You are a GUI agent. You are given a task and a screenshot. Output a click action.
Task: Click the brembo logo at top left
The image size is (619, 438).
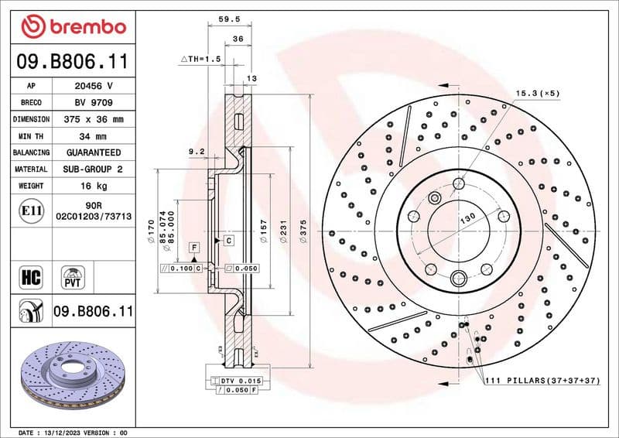pos(73,26)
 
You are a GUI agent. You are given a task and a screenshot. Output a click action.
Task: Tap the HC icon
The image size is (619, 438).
pos(32,275)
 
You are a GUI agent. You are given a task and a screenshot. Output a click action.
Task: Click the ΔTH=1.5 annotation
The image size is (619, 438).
pos(200,59)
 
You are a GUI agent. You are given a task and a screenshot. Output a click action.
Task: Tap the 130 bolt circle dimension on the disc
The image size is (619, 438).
pos(468,220)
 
